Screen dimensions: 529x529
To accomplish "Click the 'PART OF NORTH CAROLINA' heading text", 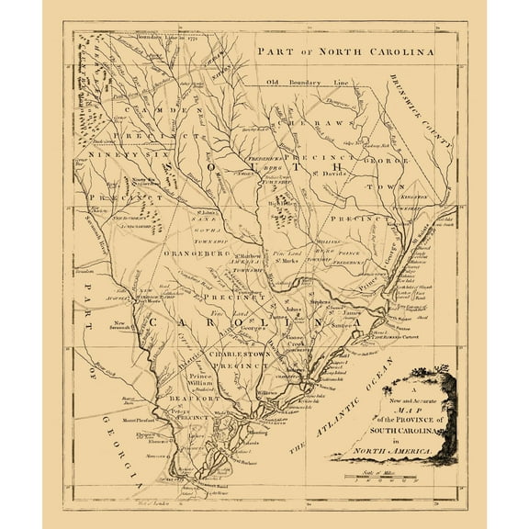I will coord(344,53).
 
